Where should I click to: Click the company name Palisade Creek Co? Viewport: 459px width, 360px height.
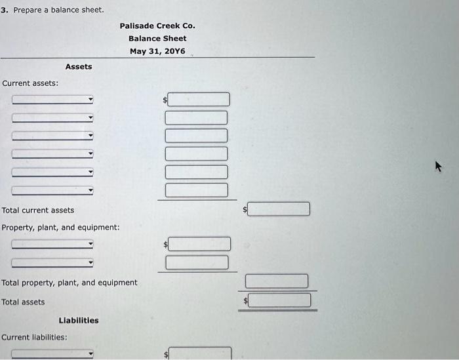point(157,26)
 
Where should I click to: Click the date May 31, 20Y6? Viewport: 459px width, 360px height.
point(157,51)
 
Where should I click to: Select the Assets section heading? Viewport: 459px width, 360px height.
point(79,67)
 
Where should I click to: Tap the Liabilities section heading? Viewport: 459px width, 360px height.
point(79,321)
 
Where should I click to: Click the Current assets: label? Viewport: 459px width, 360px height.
point(30,83)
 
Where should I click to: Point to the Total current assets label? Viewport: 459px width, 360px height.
point(38,210)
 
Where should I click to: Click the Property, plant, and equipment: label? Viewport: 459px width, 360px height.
point(60,228)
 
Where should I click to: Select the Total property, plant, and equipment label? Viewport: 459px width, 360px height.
point(70,283)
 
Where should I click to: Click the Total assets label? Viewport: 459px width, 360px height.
point(23,302)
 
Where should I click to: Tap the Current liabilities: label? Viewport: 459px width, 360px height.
point(34,338)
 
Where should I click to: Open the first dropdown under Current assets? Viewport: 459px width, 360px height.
point(53,100)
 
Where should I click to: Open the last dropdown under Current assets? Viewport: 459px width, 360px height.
point(53,191)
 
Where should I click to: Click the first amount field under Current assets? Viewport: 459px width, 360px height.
point(199,100)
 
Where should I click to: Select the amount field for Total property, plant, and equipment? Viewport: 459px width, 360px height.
point(277,281)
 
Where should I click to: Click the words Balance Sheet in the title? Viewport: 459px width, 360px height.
point(157,38)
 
